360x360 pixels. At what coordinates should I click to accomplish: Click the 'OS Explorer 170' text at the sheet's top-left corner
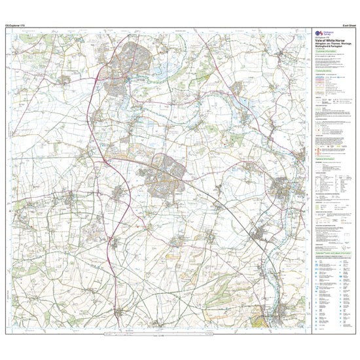[16, 26]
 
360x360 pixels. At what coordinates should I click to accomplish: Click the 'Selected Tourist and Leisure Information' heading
[333, 252]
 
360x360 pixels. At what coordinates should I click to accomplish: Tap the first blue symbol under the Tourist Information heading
[317, 259]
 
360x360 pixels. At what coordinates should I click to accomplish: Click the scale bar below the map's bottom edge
[157, 338]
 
